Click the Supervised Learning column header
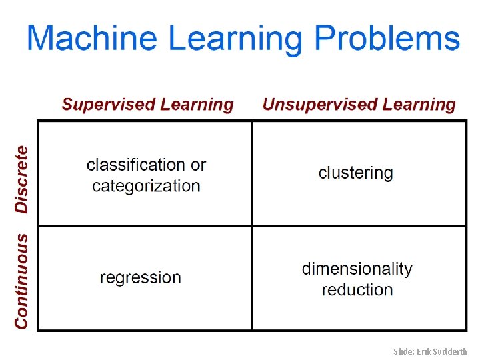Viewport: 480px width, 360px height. point(148,105)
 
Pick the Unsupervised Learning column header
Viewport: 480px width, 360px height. point(359,105)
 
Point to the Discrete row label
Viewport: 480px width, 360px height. point(22,179)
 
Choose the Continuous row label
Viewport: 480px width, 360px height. point(22,280)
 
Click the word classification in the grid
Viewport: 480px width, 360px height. point(136,165)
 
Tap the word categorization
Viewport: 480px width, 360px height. point(146,186)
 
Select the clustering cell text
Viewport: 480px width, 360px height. point(356,173)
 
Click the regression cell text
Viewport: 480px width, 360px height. point(141,277)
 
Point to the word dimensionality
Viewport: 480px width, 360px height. point(357,269)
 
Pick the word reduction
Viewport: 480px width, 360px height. point(357,290)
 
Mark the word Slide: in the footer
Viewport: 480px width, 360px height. point(405,351)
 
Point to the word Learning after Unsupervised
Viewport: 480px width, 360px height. point(419,105)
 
